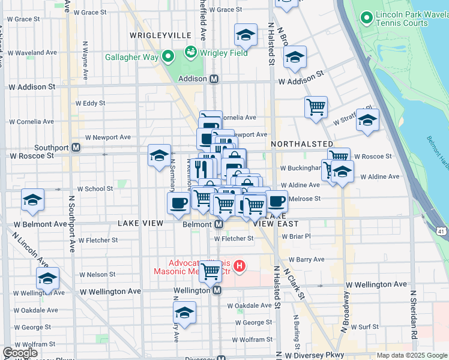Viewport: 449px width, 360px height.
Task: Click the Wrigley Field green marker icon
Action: tap(191, 53)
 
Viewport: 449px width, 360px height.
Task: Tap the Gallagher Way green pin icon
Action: tap(168, 58)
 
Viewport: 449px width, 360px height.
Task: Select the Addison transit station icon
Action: tap(214, 79)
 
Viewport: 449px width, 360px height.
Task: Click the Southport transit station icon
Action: tap(76, 148)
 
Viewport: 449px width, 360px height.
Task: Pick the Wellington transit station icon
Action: tap(217, 290)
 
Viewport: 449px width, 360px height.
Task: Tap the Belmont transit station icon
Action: tap(218, 224)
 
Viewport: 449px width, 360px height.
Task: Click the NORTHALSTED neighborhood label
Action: tap(302, 145)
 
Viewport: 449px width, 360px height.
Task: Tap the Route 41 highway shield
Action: tap(441, 230)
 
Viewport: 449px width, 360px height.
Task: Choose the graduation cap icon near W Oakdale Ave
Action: tap(184, 312)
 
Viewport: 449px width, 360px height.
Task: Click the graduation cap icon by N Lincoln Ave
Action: tap(47, 278)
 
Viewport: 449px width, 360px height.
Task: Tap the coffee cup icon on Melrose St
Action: tap(277, 201)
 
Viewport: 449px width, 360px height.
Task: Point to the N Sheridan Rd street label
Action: tap(413, 314)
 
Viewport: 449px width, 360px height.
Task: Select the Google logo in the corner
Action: tap(20, 353)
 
